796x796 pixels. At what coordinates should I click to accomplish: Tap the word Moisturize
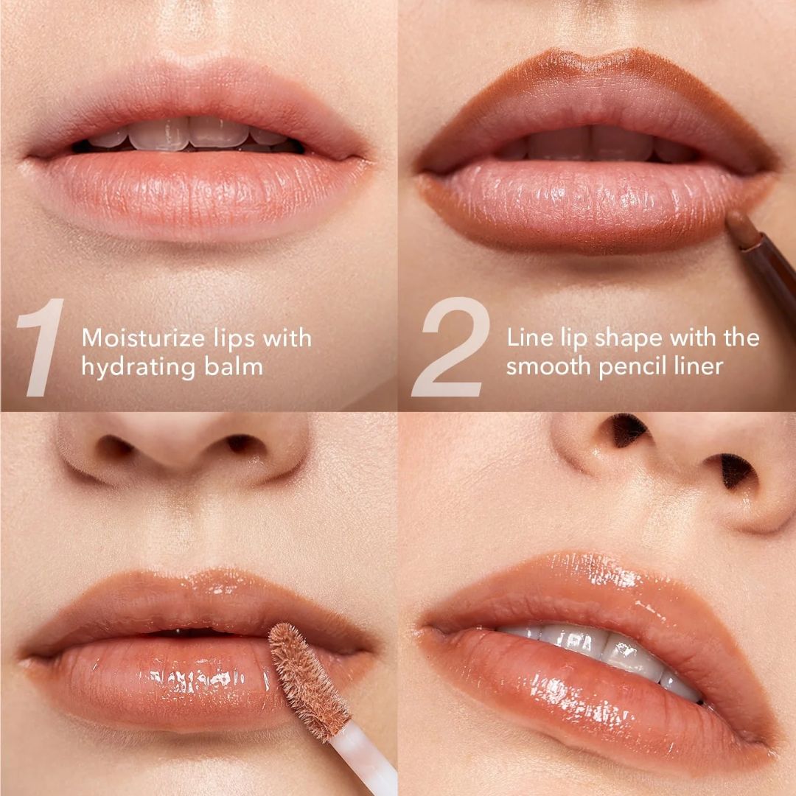[x=143, y=338]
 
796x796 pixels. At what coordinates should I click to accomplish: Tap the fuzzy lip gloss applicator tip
[x=308, y=680]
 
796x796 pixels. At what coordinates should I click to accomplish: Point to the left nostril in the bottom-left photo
[x=115, y=447]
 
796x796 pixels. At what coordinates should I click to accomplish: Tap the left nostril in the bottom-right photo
[x=627, y=430]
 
